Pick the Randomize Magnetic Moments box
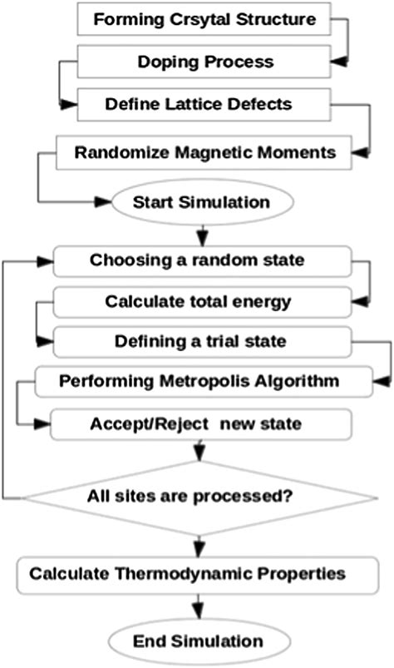[193, 152]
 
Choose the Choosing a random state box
[197, 260]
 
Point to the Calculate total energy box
[197, 300]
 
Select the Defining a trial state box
[197, 342]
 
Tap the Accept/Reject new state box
[197, 424]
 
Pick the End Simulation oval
[199, 641]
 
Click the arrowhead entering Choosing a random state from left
[42, 260]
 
